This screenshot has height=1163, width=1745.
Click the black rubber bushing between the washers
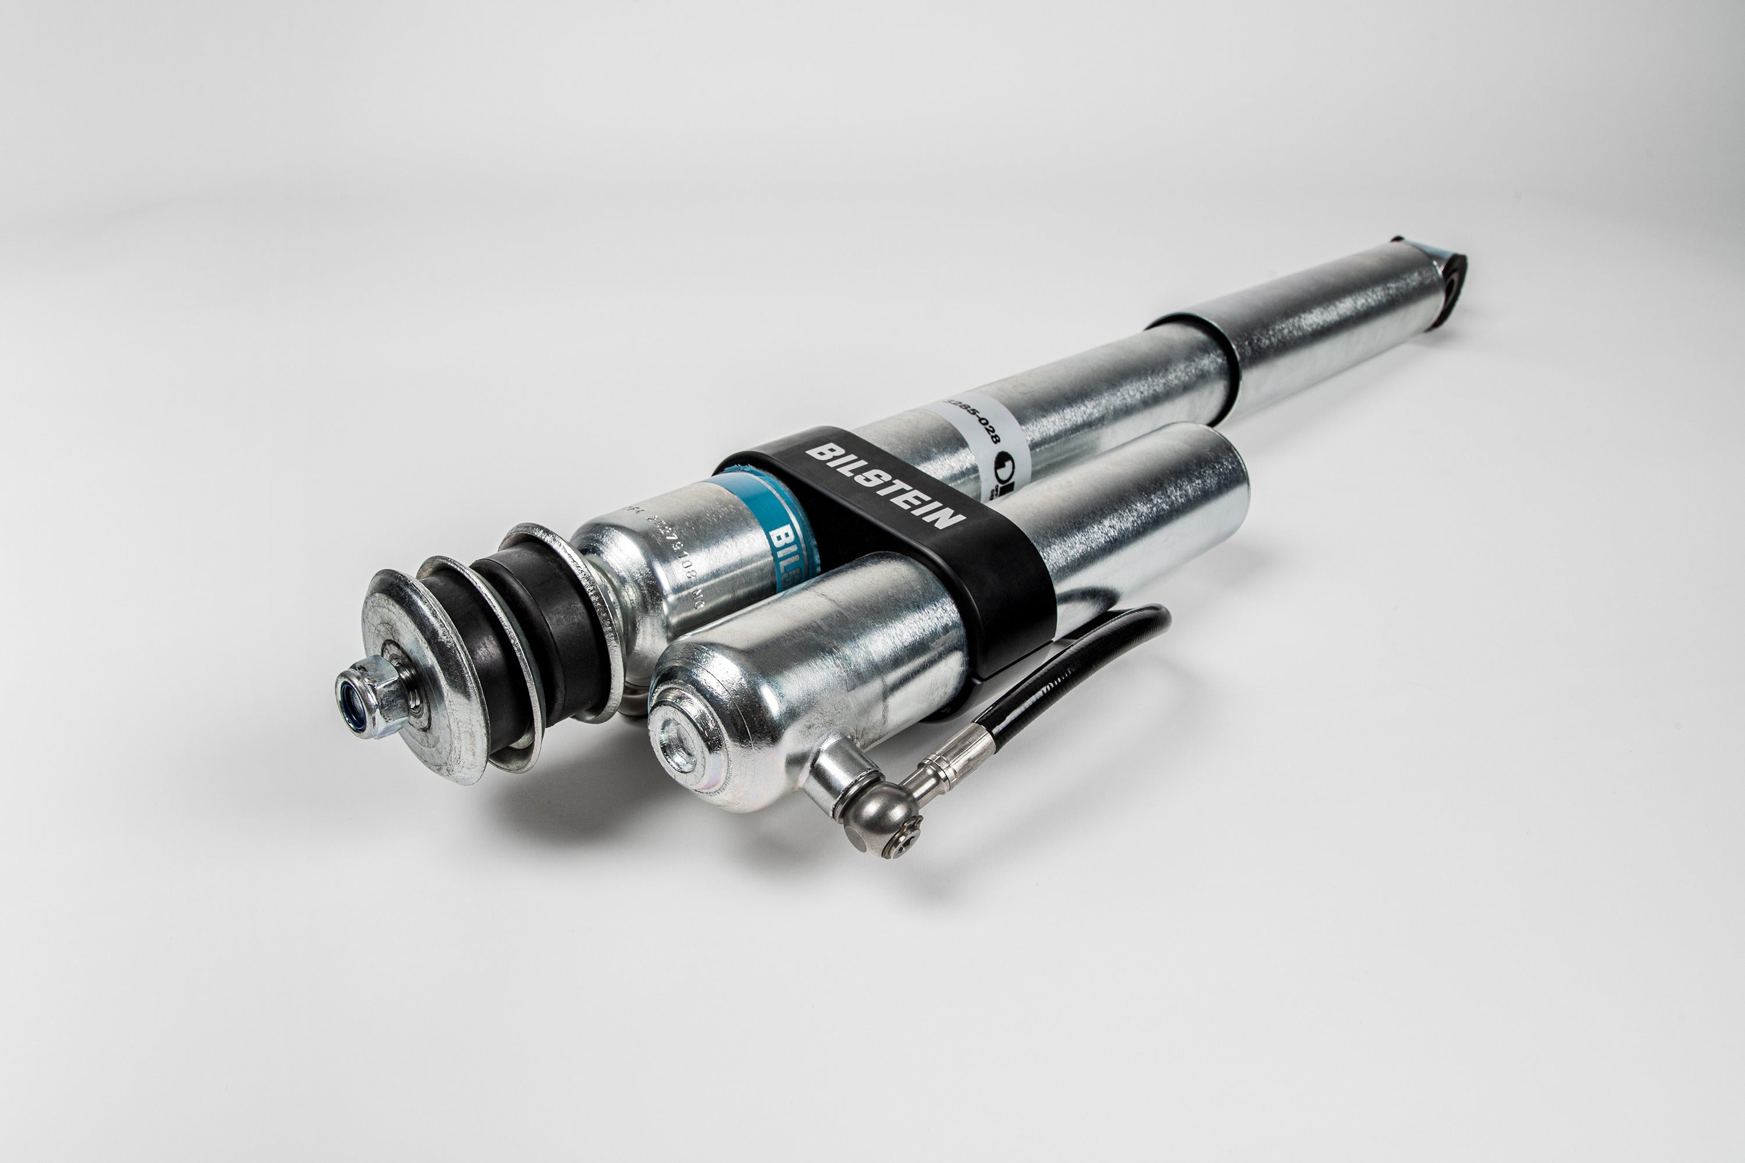click(x=549, y=630)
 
